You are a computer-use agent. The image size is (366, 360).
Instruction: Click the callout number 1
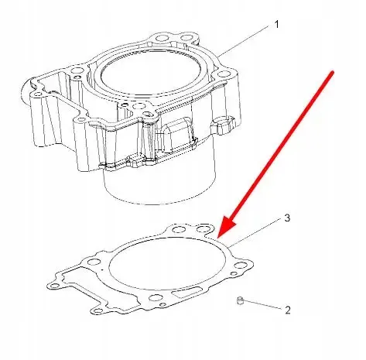276,25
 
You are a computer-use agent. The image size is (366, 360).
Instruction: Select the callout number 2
288,310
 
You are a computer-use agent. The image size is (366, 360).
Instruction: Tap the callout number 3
287,218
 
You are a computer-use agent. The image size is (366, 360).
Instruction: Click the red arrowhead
226,225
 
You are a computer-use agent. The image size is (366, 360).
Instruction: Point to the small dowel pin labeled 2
240,300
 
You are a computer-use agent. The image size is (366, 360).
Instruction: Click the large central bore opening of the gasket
167,263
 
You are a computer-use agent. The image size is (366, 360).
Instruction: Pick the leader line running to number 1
245,40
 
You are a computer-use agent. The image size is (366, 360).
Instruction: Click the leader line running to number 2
262,304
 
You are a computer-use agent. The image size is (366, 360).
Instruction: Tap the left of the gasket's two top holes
178,229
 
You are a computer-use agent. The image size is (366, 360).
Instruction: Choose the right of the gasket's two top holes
202,228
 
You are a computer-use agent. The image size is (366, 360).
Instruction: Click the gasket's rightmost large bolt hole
240,266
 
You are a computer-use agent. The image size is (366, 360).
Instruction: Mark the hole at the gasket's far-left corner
54,286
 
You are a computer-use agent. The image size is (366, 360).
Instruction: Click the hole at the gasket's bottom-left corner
97,310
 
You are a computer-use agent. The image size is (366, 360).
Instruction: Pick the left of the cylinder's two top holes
162,39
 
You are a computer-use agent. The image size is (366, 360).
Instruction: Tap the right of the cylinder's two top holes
186,38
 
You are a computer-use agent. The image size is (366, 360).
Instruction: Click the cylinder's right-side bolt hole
222,75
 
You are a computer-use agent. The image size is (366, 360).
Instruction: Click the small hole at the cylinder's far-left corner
38,94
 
